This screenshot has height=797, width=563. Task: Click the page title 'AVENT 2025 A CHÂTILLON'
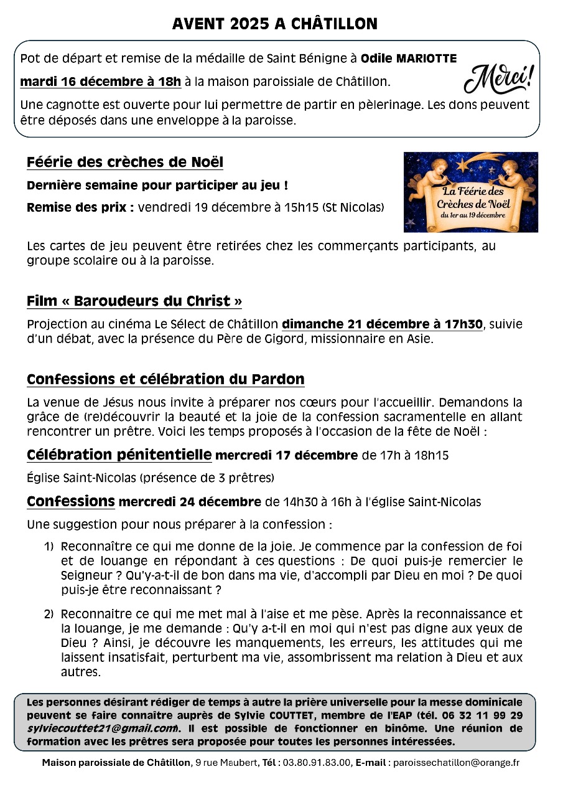pos(275,24)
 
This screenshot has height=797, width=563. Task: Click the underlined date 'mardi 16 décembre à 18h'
pos(101,81)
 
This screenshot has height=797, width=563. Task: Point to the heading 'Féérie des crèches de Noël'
pos(124,163)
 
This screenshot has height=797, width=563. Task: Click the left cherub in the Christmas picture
pos(430,175)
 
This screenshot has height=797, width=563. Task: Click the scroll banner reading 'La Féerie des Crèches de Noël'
pos(473,201)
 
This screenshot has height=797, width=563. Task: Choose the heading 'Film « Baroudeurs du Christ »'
pos(134,301)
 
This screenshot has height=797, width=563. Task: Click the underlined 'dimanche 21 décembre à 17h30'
pos(382,324)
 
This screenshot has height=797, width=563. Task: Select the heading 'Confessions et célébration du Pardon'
pos(165,379)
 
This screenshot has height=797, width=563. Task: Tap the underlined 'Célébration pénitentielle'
pos(119,455)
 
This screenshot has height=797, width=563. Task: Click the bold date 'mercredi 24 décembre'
pos(190,502)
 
